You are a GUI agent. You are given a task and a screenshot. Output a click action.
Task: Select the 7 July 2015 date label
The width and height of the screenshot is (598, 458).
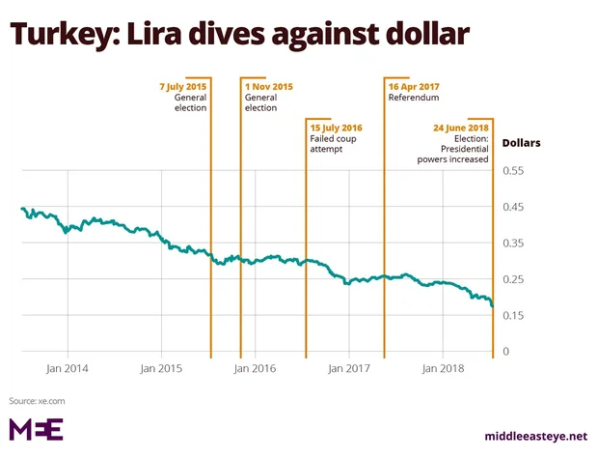click(183, 87)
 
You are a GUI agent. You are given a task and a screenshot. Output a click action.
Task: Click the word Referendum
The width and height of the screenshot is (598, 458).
click(414, 99)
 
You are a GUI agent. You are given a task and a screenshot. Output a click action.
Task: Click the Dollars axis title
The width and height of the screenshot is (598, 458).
click(520, 143)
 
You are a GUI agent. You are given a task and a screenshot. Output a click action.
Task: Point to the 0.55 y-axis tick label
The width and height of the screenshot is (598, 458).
click(513, 171)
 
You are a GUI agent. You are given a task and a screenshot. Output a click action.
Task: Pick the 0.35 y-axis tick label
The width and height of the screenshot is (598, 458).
click(513, 243)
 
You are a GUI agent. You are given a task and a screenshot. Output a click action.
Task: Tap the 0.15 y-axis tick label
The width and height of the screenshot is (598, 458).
click(513, 316)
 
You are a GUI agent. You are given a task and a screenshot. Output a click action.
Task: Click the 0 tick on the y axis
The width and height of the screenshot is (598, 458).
click(504, 352)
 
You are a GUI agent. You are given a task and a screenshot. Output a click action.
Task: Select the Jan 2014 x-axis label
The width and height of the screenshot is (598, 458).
click(68, 369)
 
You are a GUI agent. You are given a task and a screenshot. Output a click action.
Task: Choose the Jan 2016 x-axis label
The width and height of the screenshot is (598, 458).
click(255, 369)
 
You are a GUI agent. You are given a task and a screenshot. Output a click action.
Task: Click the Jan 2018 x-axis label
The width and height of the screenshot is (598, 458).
click(441, 369)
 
